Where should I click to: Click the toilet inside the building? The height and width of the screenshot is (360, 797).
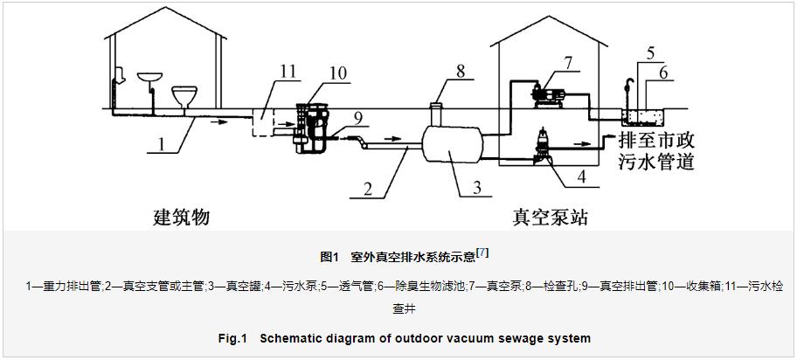click(184, 97)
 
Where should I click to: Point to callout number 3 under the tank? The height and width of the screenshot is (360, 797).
click(477, 187)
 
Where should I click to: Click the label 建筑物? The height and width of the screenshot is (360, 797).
click(181, 217)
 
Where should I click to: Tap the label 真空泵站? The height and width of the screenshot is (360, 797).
click(551, 217)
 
